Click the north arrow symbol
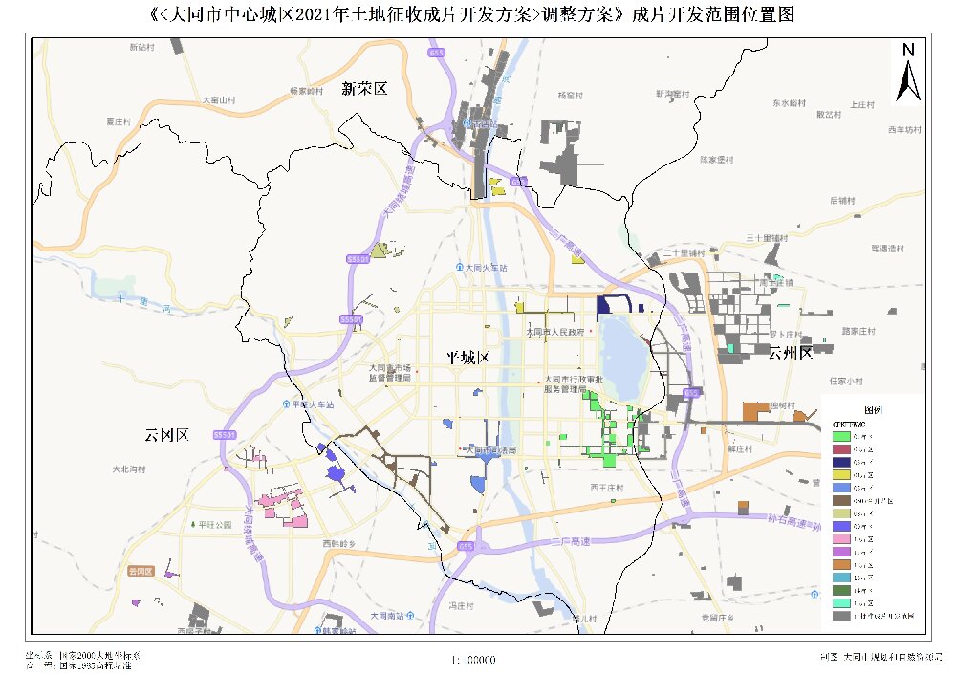point(908,73)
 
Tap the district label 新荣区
point(364,89)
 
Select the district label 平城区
point(467,358)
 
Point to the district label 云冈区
point(166,435)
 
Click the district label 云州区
point(789,353)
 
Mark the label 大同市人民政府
point(554,333)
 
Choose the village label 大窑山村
point(218,99)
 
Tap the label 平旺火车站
point(311,404)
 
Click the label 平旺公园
point(215,525)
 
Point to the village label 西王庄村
point(606,487)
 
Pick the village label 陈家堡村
point(715,159)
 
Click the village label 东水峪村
point(791,102)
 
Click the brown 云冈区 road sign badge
point(141,571)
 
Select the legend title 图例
point(872,408)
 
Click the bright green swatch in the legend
point(840,436)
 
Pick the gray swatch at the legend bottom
point(840,617)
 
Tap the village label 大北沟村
point(128,469)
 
